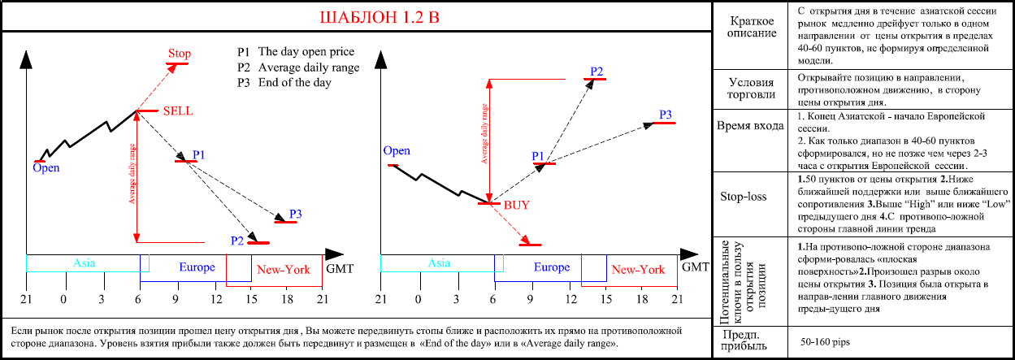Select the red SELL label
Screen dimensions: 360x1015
(x=178, y=111)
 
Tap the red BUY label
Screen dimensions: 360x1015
(x=517, y=205)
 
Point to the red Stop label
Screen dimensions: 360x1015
(x=180, y=54)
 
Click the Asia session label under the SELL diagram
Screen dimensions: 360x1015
(x=85, y=262)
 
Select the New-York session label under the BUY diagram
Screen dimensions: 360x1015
(x=638, y=269)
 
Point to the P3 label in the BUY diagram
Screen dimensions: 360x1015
(x=665, y=115)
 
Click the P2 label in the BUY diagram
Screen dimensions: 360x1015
(x=596, y=72)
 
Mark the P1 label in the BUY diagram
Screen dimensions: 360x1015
(x=537, y=155)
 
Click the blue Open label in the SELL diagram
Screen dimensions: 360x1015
(x=46, y=168)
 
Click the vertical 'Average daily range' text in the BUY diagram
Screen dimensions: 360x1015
(x=484, y=134)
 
